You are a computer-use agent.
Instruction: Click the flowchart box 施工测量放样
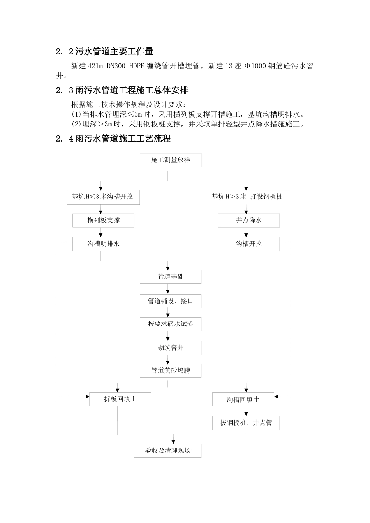pyautogui.click(x=171, y=160)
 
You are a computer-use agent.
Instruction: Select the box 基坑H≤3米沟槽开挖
pyautogui.click(x=103, y=197)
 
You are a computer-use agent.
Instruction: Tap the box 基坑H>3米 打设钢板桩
pyautogui.click(x=248, y=197)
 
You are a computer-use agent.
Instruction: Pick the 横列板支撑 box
pyautogui.click(x=103, y=220)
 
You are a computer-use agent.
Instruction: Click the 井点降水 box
pyautogui.click(x=248, y=220)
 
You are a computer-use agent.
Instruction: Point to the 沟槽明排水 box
pyautogui.click(x=103, y=244)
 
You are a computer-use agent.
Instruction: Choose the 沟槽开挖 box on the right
pyautogui.click(x=248, y=244)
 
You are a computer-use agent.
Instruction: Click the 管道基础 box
pyautogui.click(x=171, y=277)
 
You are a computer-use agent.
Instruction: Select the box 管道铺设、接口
pyautogui.click(x=171, y=301)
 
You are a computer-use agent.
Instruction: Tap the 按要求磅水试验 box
pyautogui.click(x=171, y=324)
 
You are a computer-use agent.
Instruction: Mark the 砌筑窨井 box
pyautogui.click(x=171, y=348)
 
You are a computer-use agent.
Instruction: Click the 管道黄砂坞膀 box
pyautogui.click(x=171, y=370)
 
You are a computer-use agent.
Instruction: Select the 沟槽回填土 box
pyautogui.click(x=243, y=400)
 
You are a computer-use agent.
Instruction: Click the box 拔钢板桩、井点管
pyautogui.click(x=246, y=423)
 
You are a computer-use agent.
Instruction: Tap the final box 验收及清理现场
pyautogui.click(x=168, y=451)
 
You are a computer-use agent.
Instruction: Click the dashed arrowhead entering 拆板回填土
pyautogui.click(x=87, y=397)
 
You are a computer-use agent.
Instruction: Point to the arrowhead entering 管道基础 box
pyautogui.click(x=168, y=269)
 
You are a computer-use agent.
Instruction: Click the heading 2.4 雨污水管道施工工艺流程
pyautogui.click(x=113, y=139)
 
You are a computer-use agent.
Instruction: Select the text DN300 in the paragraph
pyautogui.click(x=116, y=66)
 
